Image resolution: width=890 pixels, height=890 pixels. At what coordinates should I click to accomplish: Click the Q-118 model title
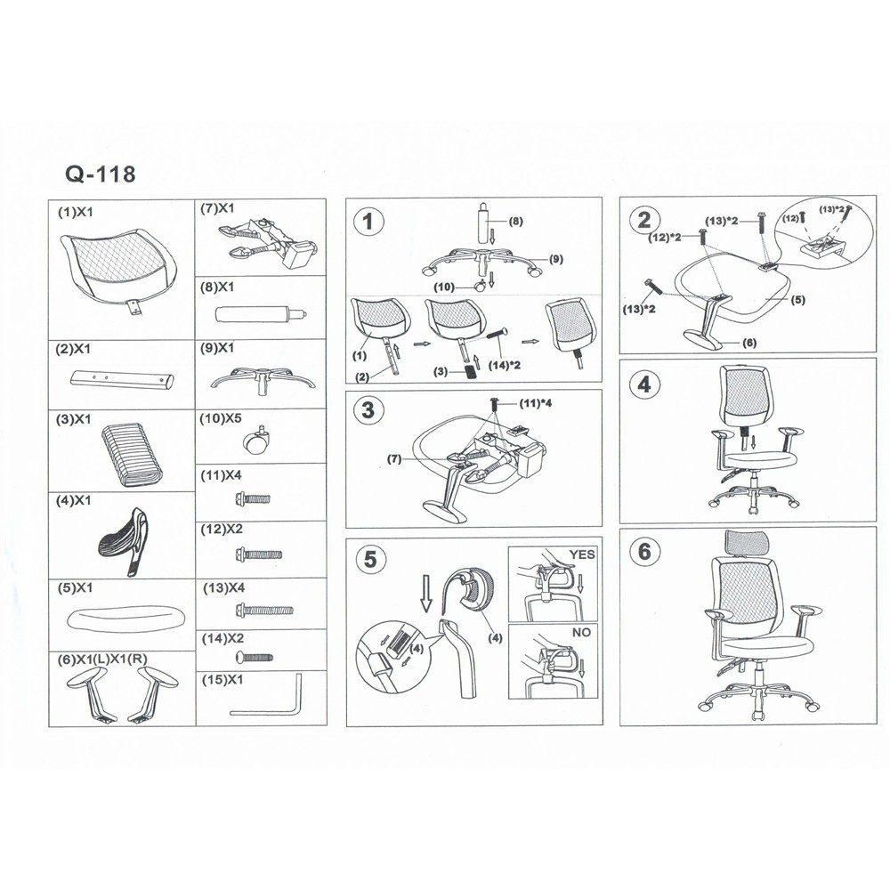click(101, 174)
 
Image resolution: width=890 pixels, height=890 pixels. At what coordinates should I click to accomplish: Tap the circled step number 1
click(369, 222)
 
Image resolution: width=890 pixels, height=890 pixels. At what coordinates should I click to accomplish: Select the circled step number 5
click(369, 560)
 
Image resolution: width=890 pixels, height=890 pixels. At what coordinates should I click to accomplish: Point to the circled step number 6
click(644, 551)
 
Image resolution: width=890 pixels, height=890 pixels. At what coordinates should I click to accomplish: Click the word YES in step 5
click(582, 554)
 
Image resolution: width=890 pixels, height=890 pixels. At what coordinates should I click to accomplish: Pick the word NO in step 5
click(581, 632)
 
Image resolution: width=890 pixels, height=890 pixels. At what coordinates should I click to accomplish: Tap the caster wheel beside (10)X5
click(255, 440)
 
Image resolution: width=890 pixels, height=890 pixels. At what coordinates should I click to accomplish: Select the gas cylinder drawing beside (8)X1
click(262, 314)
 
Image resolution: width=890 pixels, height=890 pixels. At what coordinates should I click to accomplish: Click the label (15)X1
click(222, 680)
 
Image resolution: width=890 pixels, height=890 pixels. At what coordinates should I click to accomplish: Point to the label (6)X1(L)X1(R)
click(102, 659)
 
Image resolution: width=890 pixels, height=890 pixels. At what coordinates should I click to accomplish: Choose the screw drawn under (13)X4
click(264, 611)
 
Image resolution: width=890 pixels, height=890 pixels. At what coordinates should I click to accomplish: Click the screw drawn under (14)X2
click(254, 658)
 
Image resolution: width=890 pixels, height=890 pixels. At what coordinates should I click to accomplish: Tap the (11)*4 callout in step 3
click(536, 403)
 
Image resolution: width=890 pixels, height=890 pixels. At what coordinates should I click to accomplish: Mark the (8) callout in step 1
click(515, 222)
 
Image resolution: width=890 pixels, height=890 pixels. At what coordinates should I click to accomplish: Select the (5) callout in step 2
click(798, 300)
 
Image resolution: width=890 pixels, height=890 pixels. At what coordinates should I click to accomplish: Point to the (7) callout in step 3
click(394, 459)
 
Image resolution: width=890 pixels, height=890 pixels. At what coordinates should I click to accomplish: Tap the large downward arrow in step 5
click(426, 594)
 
